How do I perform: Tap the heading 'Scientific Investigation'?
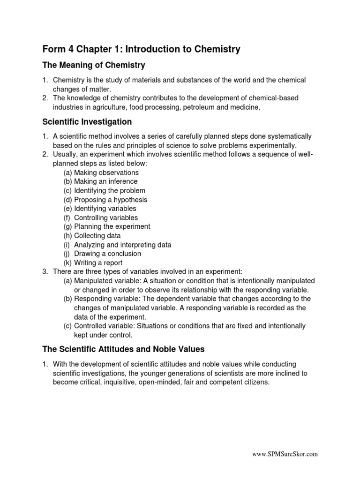(x=87, y=122)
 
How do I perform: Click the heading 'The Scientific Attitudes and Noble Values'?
(x=124, y=349)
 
